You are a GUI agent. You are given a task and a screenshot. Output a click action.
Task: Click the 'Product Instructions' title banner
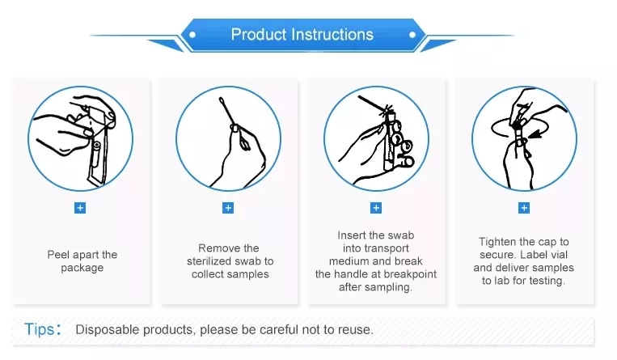click(x=302, y=35)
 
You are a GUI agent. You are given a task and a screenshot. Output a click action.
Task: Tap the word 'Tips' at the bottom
click(x=40, y=329)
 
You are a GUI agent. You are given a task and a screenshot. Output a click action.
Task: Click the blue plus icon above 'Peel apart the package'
click(x=80, y=208)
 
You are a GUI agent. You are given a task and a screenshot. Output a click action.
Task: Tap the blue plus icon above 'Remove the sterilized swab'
click(x=228, y=208)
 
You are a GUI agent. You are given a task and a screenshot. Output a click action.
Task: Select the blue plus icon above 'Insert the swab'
click(x=376, y=208)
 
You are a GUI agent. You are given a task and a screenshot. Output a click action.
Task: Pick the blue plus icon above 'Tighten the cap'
click(x=524, y=208)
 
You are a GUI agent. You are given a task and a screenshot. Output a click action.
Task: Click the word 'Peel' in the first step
click(x=60, y=255)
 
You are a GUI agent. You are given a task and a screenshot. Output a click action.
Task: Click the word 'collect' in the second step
click(x=209, y=274)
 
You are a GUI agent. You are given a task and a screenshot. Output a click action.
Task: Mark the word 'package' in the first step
click(x=82, y=268)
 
